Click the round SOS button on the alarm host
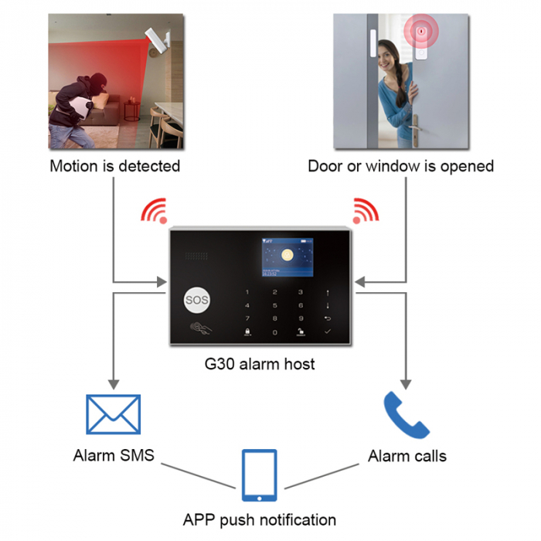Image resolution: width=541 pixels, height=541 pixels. tap(196, 300)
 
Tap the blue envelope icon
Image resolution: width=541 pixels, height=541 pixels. tap(113, 414)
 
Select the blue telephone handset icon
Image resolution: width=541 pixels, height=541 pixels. tap(406, 415)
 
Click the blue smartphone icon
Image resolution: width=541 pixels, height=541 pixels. tap(259, 475)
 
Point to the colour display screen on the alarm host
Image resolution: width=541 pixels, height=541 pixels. tap(286, 257)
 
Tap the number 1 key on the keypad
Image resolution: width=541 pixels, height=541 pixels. tap(247, 293)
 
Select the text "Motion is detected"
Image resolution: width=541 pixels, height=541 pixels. tap(114, 166)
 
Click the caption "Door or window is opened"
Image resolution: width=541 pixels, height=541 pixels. tap(400, 166)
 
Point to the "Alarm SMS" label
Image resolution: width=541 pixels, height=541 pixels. tap(114, 455)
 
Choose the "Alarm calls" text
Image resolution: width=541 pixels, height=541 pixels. tap(407, 455)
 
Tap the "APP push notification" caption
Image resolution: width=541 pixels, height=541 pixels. tap(259, 519)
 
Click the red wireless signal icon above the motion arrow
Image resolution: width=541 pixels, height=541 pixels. tap(153, 210)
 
